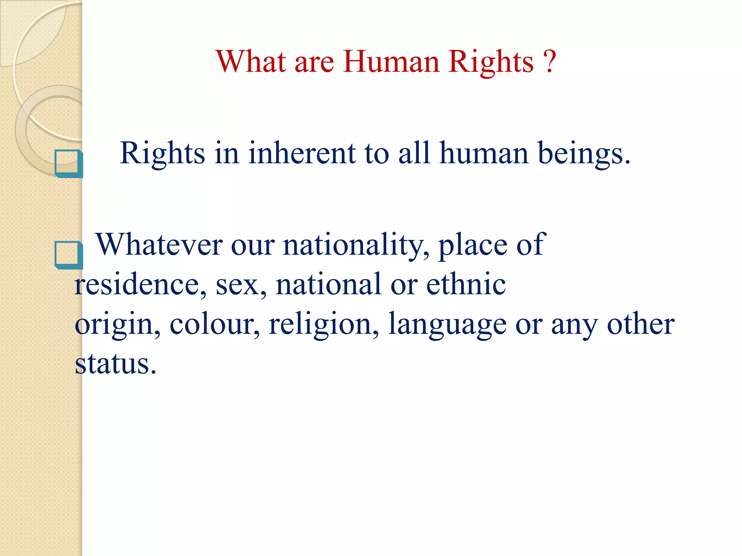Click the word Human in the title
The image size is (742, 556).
[391, 62]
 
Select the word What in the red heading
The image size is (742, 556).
[251, 62]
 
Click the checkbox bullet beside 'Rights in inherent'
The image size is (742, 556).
[68, 163]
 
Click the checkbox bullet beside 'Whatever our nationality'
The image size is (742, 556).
[68, 255]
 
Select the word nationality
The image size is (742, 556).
[353, 245]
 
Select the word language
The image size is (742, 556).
[447, 324]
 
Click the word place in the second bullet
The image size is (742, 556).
[472, 245]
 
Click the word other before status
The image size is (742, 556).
[641, 324]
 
